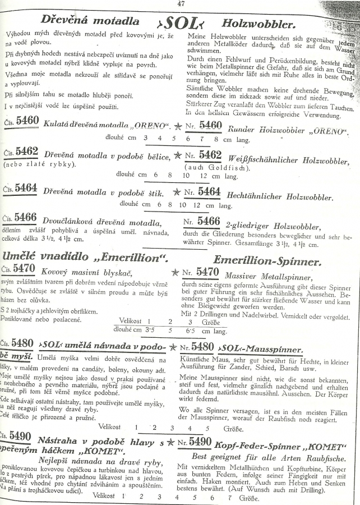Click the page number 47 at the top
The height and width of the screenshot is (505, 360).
click(x=180, y=3)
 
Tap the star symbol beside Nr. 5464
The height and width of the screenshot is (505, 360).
click(x=176, y=192)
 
